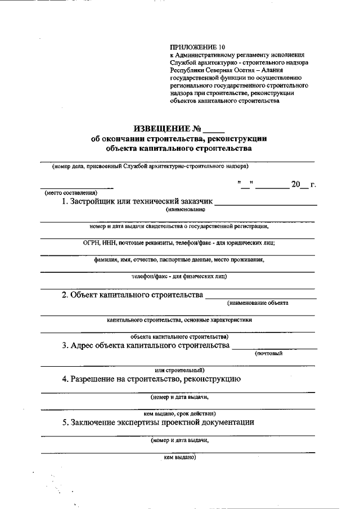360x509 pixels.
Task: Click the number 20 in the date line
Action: click(x=297, y=184)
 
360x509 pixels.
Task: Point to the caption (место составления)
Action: click(x=71, y=193)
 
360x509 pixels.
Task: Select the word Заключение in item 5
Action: click(x=96, y=422)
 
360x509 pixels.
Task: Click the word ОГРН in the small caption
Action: click(x=91, y=243)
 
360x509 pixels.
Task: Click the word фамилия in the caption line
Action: click(x=107, y=260)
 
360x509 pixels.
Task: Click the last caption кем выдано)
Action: click(x=179, y=457)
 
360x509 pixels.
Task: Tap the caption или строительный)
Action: click(x=179, y=370)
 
